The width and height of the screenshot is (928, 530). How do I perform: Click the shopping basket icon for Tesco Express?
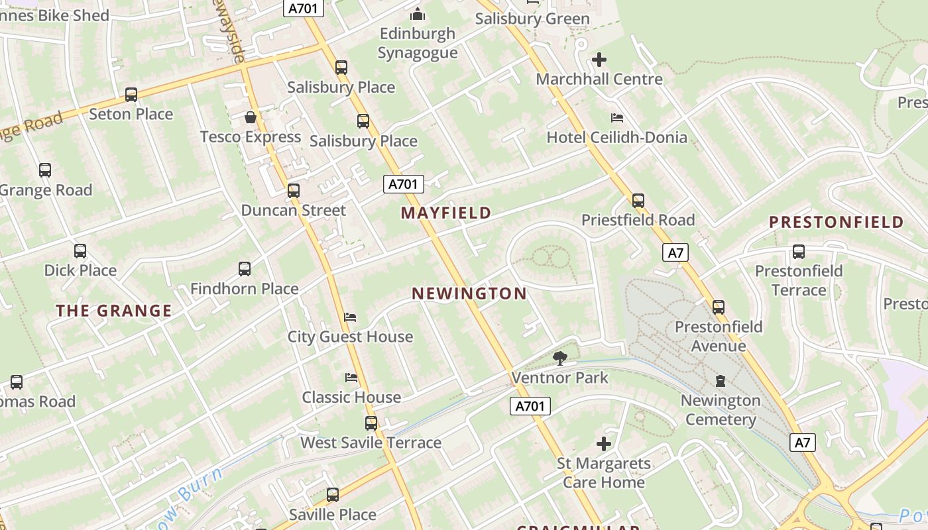[x=251, y=117]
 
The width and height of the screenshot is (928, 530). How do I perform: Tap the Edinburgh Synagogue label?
[x=418, y=43]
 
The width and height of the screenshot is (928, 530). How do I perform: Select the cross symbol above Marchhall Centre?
[x=599, y=60]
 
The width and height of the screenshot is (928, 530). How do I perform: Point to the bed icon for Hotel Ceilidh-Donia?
[x=617, y=118]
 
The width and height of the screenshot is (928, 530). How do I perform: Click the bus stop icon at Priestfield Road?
[x=638, y=200]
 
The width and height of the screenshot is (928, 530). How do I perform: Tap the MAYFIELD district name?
[x=446, y=213]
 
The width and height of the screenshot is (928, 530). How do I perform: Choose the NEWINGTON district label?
[x=469, y=293]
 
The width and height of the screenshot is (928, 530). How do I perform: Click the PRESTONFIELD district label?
[x=837, y=222]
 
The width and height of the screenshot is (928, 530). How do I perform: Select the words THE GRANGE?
[x=114, y=310]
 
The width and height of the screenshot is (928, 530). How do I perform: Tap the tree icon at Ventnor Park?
[x=560, y=358]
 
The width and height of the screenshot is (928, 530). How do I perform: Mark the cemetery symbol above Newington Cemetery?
[x=721, y=381]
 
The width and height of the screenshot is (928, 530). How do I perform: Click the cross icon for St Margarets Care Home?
[x=604, y=443]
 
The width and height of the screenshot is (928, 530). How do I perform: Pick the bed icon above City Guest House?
[x=350, y=317]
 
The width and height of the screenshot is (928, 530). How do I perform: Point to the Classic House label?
[x=351, y=397]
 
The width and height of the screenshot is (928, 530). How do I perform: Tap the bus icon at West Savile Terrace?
[x=371, y=423]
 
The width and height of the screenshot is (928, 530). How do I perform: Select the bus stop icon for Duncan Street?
[x=294, y=191]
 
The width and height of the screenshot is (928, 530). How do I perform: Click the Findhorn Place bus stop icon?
[x=245, y=269]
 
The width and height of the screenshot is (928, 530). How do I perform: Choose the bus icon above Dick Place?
[x=80, y=251]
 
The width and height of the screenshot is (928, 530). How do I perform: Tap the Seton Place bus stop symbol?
[x=131, y=95]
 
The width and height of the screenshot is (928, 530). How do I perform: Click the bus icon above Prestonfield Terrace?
[x=799, y=252]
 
